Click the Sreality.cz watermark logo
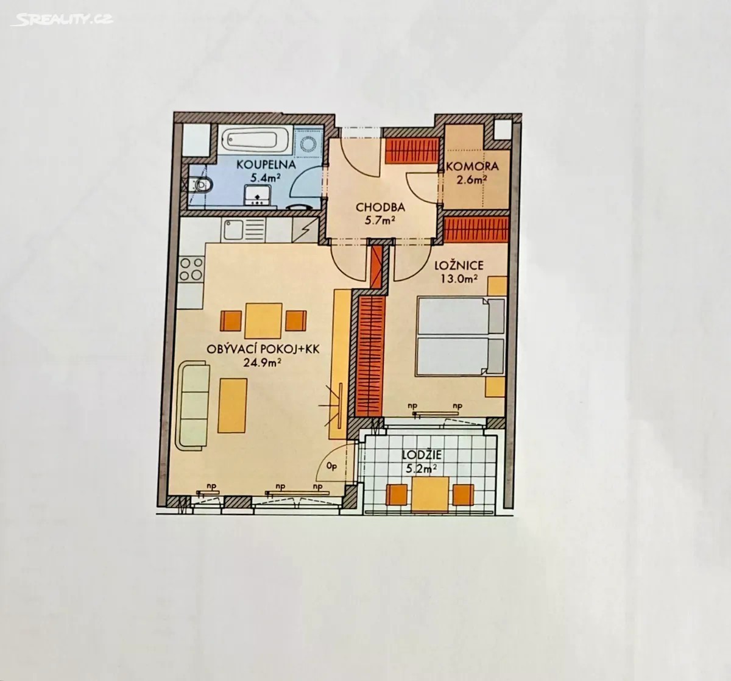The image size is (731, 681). pyautogui.click(x=62, y=19)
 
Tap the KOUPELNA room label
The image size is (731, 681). pyautogui.click(x=266, y=165)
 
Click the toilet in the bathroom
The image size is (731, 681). pyautogui.click(x=199, y=185)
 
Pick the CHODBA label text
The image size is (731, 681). pyautogui.click(x=380, y=207)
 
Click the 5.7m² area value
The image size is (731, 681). pyautogui.click(x=381, y=221)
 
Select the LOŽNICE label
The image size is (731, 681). pyautogui.click(x=459, y=265)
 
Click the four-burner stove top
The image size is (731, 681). pyautogui.click(x=191, y=269)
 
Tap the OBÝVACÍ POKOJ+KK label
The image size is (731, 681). pyautogui.click(x=263, y=349)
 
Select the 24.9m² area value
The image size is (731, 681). pyautogui.click(x=263, y=363)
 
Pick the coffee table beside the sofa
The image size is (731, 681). pyautogui.click(x=233, y=405)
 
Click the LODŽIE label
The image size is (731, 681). pyautogui.click(x=422, y=455)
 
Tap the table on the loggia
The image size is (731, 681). pyautogui.click(x=430, y=494)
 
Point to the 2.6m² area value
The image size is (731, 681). pyautogui.click(x=472, y=180)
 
